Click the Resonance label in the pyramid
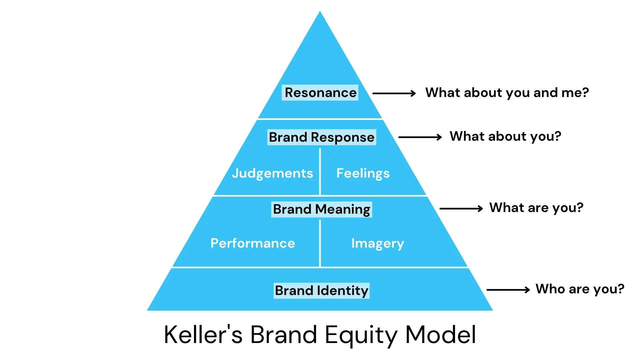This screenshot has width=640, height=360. (x=320, y=93)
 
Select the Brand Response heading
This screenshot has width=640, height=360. (x=322, y=137)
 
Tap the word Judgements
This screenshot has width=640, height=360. (x=272, y=173)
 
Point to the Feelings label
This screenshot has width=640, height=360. (x=363, y=173)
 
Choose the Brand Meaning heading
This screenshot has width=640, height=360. (x=322, y=209)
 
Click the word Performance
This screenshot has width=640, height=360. (x=253, y=243)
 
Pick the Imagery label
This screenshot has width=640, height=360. (x=377, y=244)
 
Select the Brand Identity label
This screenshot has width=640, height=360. (x=321, y=291)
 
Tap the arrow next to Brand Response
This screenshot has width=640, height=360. (x=420, y=137)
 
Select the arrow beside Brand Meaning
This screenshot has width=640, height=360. (x=461, y=209)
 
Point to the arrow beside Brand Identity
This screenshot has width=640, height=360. (x=508, y=290)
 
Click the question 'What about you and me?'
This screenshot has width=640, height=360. (x=507, y=93)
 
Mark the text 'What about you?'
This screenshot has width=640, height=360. (x=505, y=136)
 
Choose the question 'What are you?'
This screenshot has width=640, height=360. (x=536, y=208)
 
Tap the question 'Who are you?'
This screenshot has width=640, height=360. (x=580, y=289)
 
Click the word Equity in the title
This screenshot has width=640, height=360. (x=361, y=335)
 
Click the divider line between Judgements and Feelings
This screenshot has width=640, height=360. (x=320, y=172)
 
